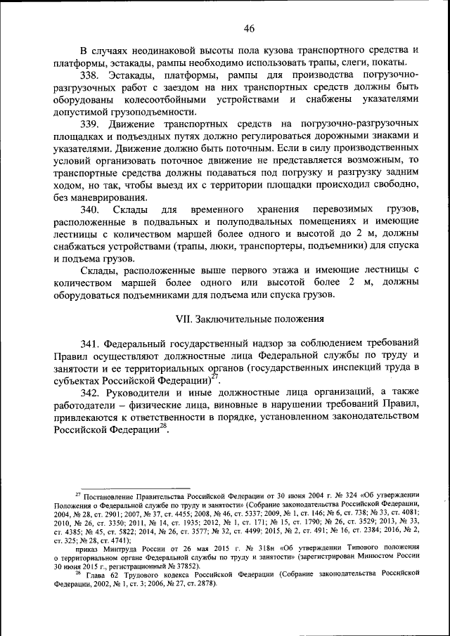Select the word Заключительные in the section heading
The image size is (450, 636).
[x=233, y=318]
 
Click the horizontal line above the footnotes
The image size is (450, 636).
[x=134, y=488]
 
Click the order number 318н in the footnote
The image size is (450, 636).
[x=261, y=546]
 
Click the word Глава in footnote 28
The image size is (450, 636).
[x=95, y=575]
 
